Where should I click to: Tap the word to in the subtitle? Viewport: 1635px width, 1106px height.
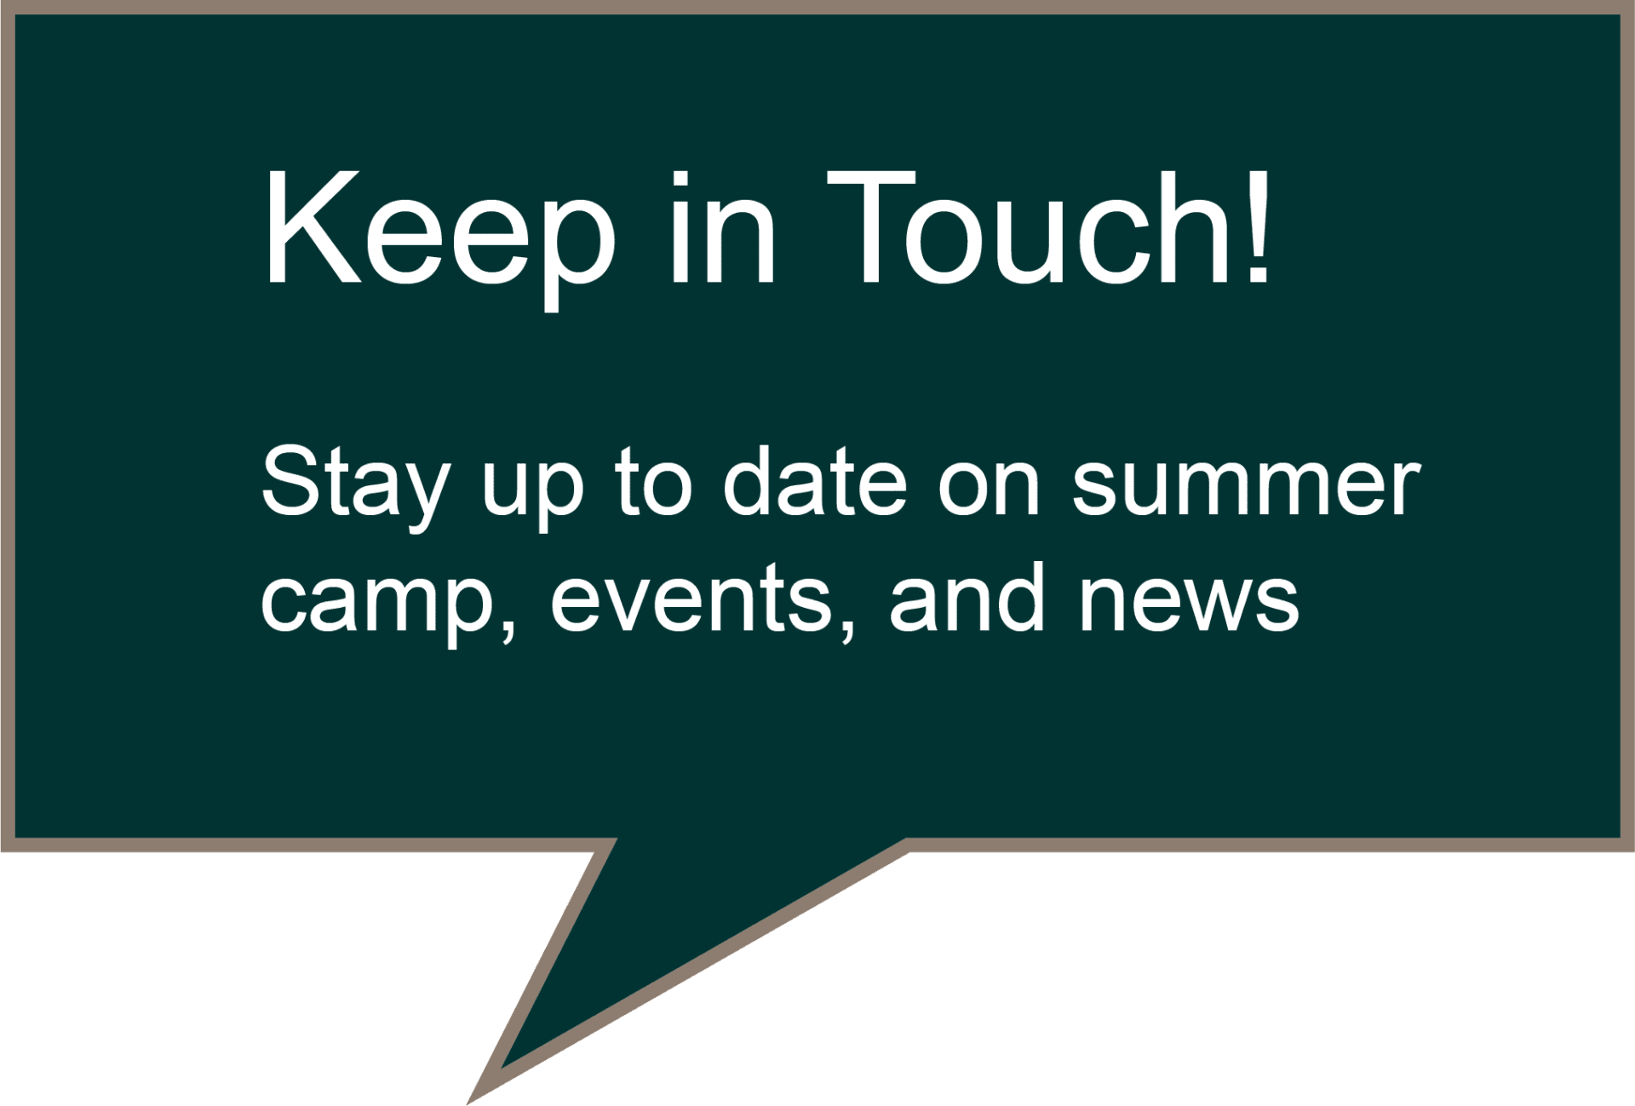click(x=653, y=481)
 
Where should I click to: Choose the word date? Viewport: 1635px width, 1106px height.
click(x=815, y=480)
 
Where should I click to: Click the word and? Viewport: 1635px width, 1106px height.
click(x=967, y=597)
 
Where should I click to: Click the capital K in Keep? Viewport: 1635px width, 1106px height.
click(x=313, y=227)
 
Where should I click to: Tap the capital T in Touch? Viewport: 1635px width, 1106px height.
click(x=871, y=227)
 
